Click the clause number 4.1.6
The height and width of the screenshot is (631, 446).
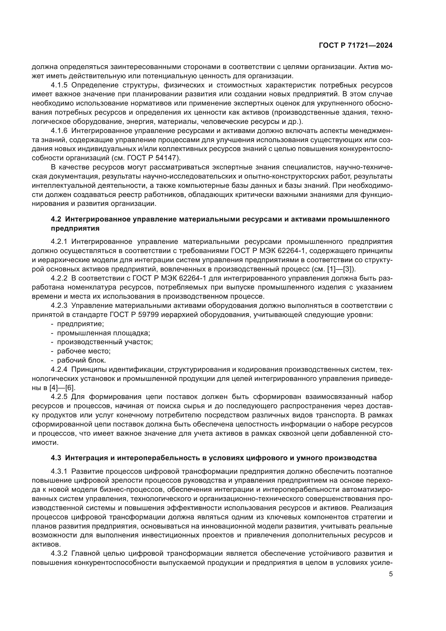[x=59, y=131]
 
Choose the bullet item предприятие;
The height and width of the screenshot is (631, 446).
[x=80, y=324]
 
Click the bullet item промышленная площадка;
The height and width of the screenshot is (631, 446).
[x=103, y=333]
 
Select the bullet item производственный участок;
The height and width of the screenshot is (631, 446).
[x=105, y=342]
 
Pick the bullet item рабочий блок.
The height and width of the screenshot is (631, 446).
[x=81, y=360]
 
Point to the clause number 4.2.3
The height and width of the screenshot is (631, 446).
[x=59, y=306]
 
